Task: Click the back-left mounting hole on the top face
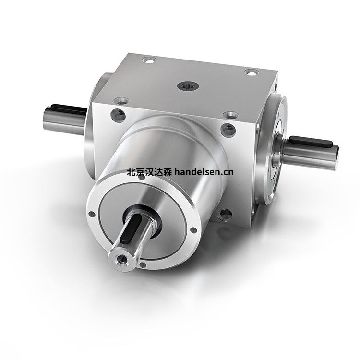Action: pos(149,61)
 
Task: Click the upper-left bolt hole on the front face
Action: pos(116,115)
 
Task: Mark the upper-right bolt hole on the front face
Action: pos(228,129)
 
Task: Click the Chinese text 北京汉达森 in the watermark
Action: pos(149,171)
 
